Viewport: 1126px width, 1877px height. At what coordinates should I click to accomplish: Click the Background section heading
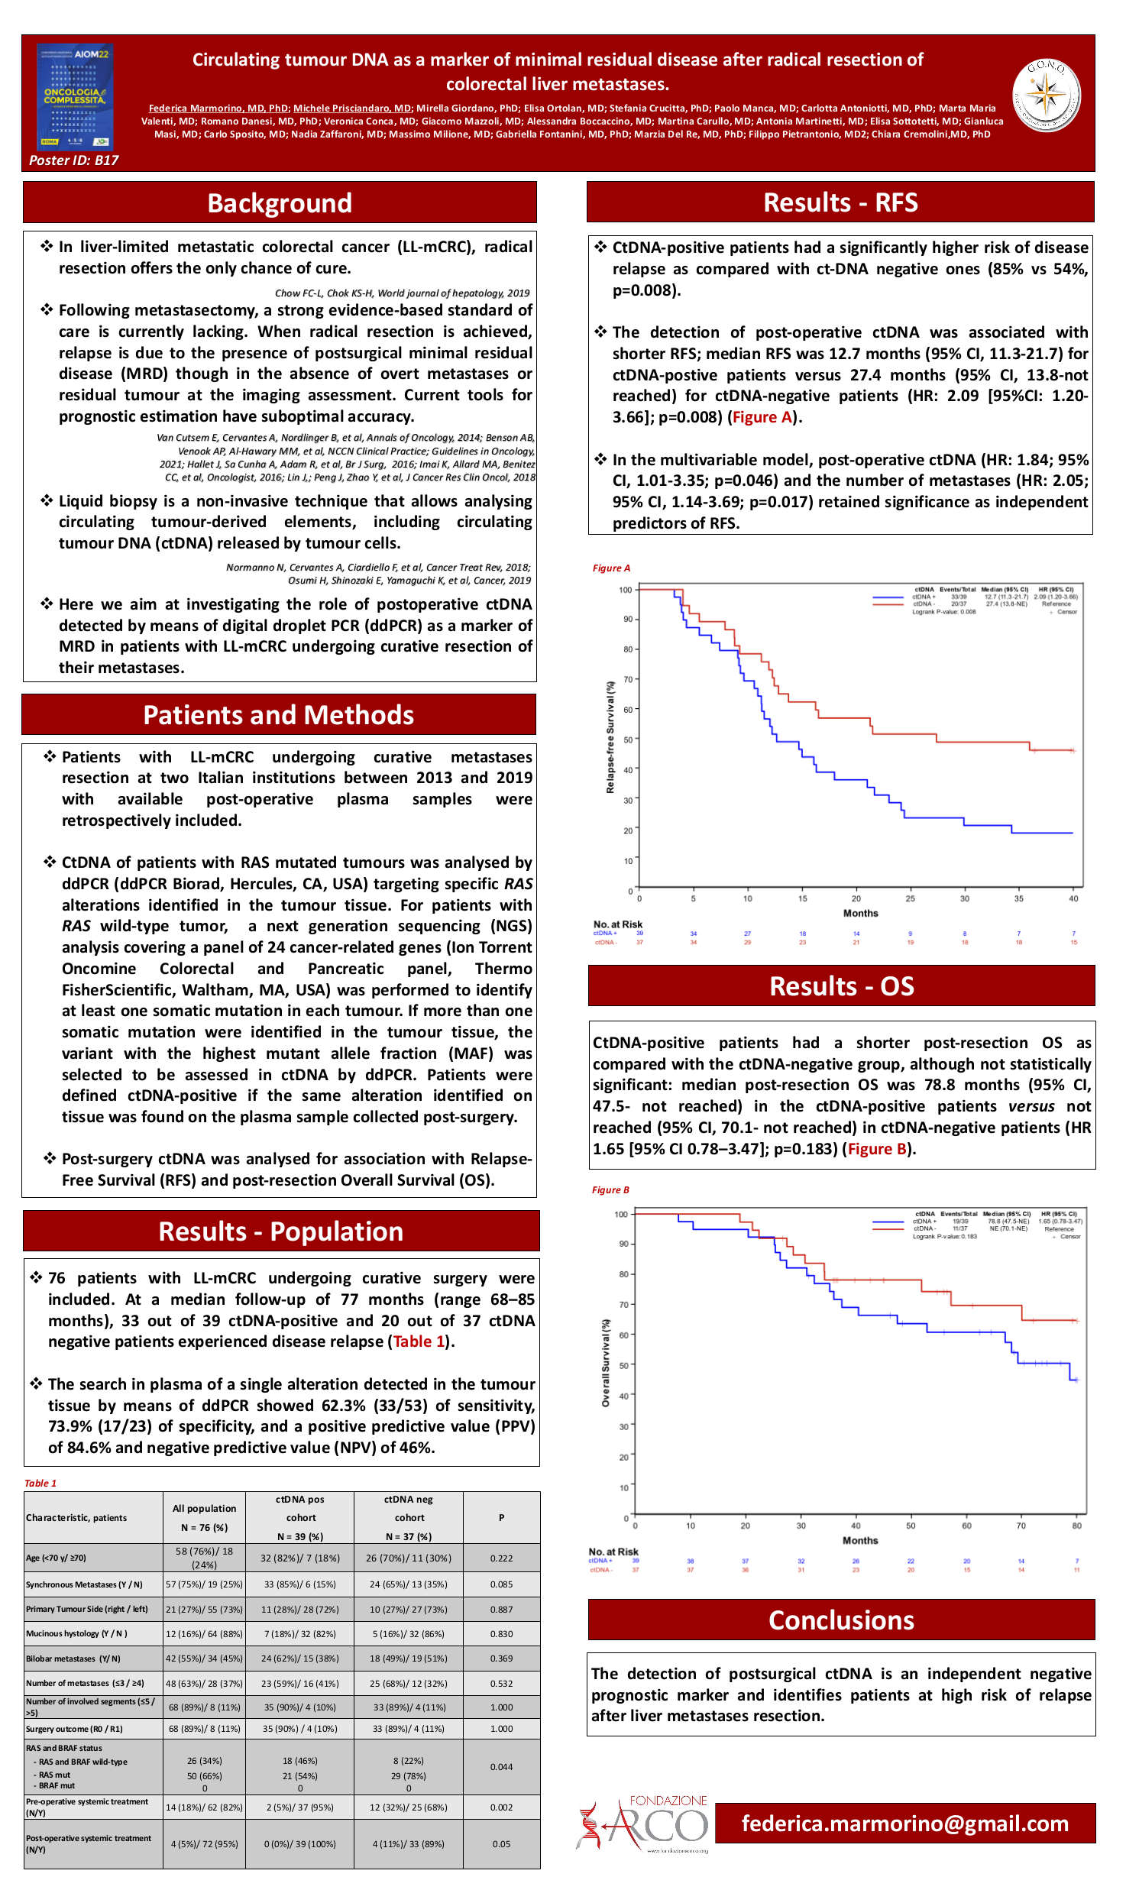(x=280, y=203)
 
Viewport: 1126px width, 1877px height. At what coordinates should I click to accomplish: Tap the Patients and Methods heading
(x=279, y=715)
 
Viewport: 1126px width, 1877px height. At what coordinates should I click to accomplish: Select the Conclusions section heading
(x=841, y=1620)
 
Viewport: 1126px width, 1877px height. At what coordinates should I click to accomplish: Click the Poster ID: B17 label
(x=73, y=160)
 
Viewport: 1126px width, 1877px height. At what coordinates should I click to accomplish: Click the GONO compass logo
(x=1046, y=95)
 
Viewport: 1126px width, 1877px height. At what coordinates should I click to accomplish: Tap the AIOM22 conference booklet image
(x=75, y=96)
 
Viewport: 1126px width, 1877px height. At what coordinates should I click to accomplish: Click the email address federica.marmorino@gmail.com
(x=905, y=1824)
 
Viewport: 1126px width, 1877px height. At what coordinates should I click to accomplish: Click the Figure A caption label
(x=611, y=568)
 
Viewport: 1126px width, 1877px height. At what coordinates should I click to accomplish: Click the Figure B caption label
(x=610, y=1190)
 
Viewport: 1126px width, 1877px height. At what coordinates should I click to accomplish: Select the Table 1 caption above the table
(x=40, y=1483)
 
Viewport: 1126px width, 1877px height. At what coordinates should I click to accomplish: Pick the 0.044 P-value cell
(x=501, y=1767)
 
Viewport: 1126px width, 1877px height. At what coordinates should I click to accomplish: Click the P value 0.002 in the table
(x=501, y=1807)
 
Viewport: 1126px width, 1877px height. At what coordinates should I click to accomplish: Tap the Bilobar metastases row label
(x=73, y=1659)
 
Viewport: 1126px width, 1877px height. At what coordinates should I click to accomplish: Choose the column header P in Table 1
(x=501, y=1517)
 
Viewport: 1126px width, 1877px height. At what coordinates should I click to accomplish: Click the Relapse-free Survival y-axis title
(x=610, y=737)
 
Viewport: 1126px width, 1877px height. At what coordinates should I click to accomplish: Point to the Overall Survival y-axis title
(x=606, y=1363)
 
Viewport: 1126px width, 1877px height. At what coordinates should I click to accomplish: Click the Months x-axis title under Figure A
(x=860, y=914)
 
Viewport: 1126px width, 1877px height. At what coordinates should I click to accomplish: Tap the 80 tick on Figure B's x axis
(x=1076, y=1526)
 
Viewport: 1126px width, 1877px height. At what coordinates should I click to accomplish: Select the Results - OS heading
(x=841, y=986)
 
